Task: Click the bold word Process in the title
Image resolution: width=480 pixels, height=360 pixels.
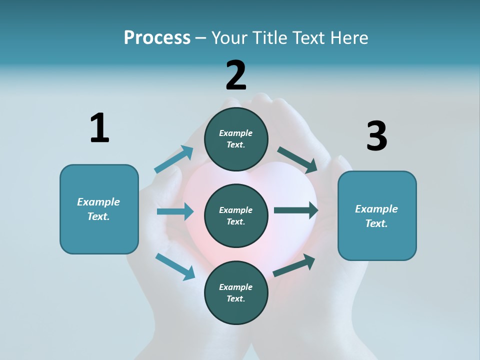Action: tap(157, 38)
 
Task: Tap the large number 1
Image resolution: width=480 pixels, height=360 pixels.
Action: tap(99, 128)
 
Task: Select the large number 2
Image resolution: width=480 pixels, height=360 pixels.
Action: tap(236, 75)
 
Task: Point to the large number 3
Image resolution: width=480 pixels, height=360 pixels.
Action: tap(376, 136)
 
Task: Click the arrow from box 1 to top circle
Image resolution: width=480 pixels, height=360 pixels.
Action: tap(174, 160)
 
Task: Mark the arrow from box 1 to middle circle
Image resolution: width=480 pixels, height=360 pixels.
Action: tap(175, 211)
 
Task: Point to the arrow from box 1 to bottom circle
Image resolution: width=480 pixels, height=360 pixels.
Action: tap(175, 266)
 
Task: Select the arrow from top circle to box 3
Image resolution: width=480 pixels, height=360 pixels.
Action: tap(297, 160)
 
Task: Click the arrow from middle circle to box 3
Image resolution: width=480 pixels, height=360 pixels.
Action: tap(295, 210)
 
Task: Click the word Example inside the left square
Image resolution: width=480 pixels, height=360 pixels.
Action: tap(98, 202)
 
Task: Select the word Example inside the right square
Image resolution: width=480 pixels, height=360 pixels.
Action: tap(376, 209)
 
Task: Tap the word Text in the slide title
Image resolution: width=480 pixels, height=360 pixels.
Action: tap(308, 38)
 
